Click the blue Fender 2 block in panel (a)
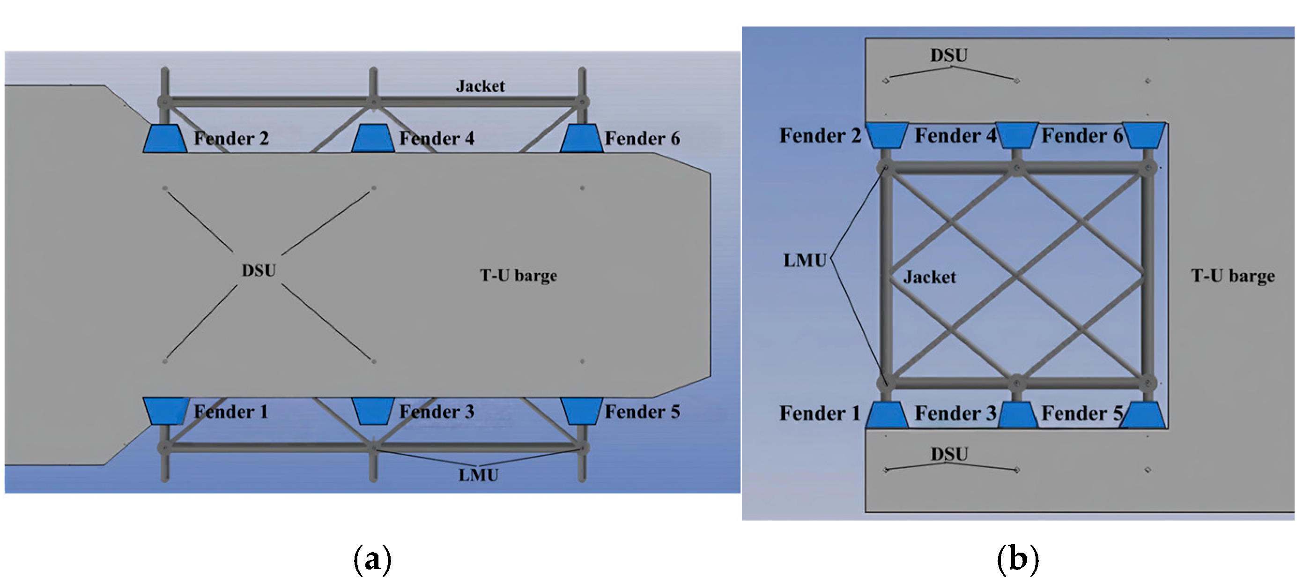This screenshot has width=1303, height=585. [x=165, y=138]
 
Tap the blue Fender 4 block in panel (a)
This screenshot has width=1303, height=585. [x=373, y=138]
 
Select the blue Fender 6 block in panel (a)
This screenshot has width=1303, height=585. [x=582, y=138]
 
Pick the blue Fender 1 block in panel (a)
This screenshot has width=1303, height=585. [x=165, y=411]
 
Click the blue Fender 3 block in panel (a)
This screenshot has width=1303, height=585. [x=373, y=411]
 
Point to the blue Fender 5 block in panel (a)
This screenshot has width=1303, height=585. [x=582, y=411]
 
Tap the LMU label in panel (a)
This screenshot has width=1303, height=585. [x=478, y=475]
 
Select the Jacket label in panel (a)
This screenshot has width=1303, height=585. [x=480, y=86]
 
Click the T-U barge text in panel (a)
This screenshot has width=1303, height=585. [x=518, y=275]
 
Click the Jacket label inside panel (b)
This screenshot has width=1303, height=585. [x=929, y=277]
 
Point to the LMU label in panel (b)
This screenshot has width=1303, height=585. [x=804, y=260]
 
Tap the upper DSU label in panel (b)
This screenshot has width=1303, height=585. [x=948, y=55]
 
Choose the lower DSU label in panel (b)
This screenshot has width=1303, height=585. [x=949, y=453]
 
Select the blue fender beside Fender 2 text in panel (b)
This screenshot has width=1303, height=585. [x=886, y=135]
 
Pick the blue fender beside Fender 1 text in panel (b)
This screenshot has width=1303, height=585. [x=886, y=415]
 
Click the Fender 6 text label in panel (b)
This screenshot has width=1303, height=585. [x=1081, y=135]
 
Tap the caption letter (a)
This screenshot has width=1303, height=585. [x=372, y=559]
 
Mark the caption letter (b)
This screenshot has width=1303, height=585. [x=1017, y=559]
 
